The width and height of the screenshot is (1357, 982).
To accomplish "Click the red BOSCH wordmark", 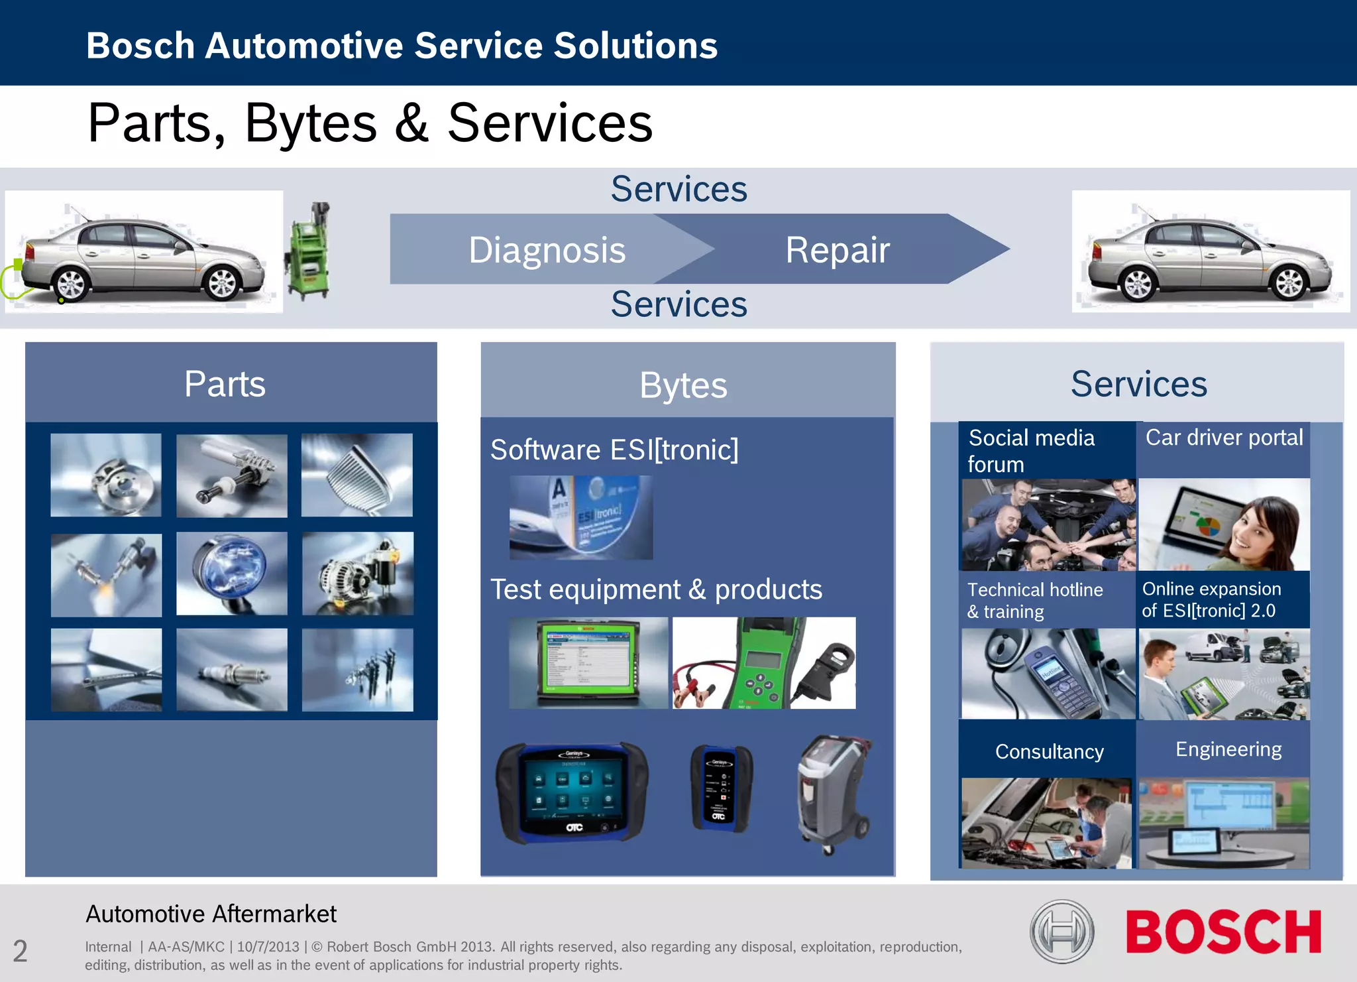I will (1223, 932).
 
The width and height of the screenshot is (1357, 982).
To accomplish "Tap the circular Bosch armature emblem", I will (1061, 932).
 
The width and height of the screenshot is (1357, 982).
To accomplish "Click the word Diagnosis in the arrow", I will (547, 250).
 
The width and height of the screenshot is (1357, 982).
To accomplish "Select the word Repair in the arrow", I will (837, 250).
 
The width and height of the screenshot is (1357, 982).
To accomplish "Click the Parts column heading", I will (225, 384).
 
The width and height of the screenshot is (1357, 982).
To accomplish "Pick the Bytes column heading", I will (683, 385).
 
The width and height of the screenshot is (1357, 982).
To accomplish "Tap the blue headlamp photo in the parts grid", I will (231, 573).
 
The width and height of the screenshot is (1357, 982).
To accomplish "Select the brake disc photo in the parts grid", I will (106, 475).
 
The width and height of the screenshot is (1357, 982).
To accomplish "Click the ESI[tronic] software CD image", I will (580, 517).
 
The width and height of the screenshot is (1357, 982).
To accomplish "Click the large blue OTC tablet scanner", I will (572, 792).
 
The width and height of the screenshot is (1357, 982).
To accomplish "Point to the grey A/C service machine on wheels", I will (833, 793).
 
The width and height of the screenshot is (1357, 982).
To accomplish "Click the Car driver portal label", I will (1224, 438).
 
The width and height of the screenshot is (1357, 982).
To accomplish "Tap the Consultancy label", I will (1049, 751).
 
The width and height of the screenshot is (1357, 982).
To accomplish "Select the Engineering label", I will (1228, 749).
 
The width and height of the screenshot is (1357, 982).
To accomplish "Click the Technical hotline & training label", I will (1035, 600).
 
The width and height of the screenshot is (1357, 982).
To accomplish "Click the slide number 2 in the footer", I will (21, 951).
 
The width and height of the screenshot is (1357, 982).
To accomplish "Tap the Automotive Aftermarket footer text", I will (211, 914).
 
